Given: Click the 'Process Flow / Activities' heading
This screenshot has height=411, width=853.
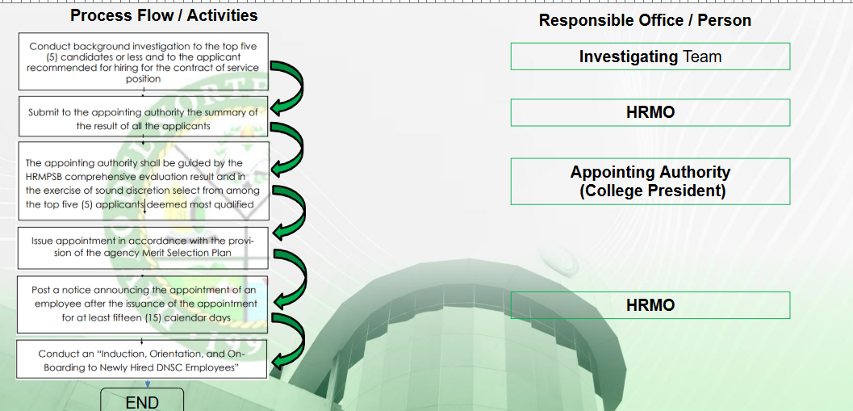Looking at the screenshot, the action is coord(164,15).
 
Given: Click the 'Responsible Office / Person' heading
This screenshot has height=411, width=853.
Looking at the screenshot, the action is coord(645,21).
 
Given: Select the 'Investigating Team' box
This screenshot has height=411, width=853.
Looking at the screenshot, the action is coord(650,57).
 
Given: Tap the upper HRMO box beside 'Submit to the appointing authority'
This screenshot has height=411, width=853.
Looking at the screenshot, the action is coord(650,113).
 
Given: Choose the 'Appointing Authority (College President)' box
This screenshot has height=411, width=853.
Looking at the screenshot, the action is coord(650,181).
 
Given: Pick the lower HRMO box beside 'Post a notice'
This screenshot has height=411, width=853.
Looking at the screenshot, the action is coord(650,305).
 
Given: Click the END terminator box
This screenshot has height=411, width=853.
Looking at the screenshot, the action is coord(142,401).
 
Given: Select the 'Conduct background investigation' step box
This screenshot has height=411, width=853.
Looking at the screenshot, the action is coord(143,61).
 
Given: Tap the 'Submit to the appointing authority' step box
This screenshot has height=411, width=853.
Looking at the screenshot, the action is coord(143,116).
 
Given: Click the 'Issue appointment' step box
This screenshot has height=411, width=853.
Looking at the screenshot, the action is coord(143,248).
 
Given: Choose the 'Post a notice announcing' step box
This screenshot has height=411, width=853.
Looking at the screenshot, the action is coord(143,304).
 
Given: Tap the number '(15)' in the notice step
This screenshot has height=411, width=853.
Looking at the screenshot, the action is coord(155,317).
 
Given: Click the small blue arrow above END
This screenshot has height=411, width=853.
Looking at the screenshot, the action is coord(147,384).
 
